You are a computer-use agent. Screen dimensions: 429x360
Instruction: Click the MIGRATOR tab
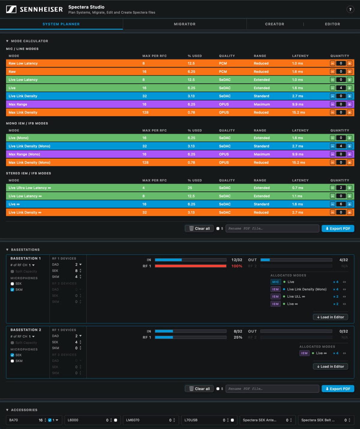[184, 24]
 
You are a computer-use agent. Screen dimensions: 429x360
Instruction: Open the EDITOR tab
[332, 24]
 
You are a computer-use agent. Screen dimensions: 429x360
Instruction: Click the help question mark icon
[350, 9]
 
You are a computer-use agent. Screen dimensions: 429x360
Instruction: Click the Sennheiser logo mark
[11, 9]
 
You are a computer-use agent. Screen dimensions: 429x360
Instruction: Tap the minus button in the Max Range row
[332, 104]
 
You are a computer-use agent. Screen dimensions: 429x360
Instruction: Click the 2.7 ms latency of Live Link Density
[298, 96]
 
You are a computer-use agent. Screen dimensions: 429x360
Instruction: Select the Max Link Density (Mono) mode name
[29, 163]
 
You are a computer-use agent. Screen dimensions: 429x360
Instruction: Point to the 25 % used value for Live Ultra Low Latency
[190, 188]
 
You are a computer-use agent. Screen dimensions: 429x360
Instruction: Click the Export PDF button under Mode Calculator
[338, 229]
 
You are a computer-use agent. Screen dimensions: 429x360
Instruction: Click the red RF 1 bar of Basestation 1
[190, 266]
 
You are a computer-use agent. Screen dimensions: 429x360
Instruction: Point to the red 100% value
[237, 266]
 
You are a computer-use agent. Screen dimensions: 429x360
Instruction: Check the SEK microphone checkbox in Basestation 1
[12, 284]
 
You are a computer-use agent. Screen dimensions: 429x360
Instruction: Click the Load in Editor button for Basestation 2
[330, 367]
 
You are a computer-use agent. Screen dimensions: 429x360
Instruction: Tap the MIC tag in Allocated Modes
[275, 282]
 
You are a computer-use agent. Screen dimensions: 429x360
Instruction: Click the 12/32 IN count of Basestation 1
[237, 260]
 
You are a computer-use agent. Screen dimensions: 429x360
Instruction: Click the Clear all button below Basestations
[199, 389]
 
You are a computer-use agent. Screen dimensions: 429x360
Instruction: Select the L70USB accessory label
[191, 420]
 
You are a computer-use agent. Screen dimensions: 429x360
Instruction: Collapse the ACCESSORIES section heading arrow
[7, 410]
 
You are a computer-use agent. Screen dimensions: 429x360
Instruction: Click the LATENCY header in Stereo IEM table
[300, 181]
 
